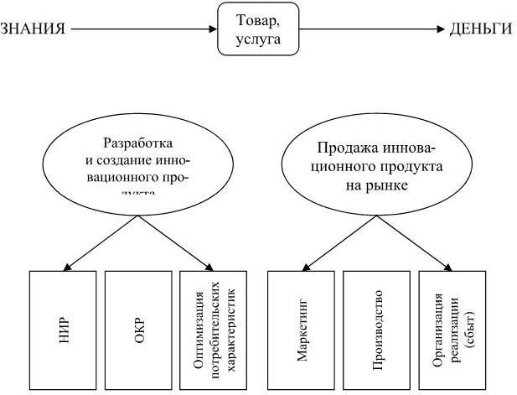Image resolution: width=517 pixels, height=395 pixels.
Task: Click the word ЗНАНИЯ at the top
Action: coord(34,29)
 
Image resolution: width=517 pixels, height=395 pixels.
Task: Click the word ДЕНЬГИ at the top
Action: coord(480,29)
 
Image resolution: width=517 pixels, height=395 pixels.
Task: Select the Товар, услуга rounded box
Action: coord(257,29)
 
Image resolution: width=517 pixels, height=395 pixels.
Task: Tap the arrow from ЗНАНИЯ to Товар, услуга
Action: coord(142,29)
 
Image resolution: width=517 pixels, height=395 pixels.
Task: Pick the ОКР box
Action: coord(138,331)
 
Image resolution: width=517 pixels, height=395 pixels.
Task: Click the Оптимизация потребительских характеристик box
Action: coord(214,331)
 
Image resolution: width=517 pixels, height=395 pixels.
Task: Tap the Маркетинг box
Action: coord(302,331)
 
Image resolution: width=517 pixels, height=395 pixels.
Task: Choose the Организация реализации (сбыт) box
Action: coord(452,331)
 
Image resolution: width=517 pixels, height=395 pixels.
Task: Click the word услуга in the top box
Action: coord(257,39)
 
